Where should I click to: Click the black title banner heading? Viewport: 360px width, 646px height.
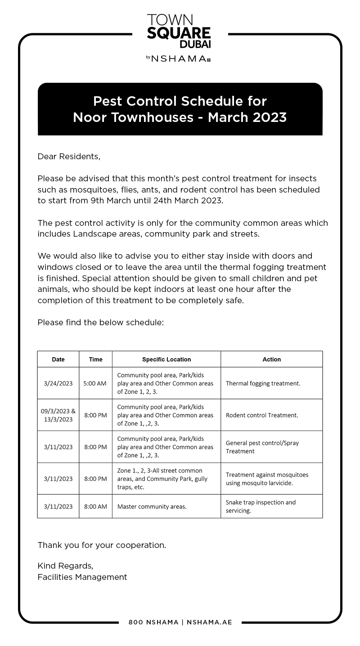pyautogui.click(x=180, y=109)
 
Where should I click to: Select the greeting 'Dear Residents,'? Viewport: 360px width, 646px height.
pyautogui.click(x=69, y=157)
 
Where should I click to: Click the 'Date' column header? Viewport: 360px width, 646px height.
pyautogui.click(x=58, y=359)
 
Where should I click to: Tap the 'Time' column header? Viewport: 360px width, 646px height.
pyautogui.click(x=95, y=359)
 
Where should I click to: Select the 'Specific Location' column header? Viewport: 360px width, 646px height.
pyautogui.click(x=166, y=359)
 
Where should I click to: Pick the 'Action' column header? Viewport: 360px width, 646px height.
pyautogui.click(x=271, y=359)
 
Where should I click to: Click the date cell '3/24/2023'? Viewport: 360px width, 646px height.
pyautogui.click(x=58, y=384)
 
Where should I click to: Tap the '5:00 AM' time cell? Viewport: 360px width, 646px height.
pyautogui.click(x=95, y=384)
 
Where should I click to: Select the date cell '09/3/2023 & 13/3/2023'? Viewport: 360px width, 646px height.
pyautogui.click(x=58, y=415)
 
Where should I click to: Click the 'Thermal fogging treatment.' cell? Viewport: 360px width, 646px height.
pyautogui.click(x=263, y=384)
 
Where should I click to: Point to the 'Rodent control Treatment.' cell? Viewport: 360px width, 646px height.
pyautogui.click(x=262, y=415)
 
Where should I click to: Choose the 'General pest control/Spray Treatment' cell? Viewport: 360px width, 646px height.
pyautogui.click(x=262, y=447)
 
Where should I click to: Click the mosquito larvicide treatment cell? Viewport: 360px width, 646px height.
pyautogui.click(x=267, y=479)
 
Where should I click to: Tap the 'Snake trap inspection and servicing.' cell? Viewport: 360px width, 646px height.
pyautogui.click(x=261, y=507)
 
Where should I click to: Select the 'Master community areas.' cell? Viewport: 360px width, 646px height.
pyautogui.click(x=152, y=507)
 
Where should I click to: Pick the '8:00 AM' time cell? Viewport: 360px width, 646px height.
pyautogui.click(x=95, y=507)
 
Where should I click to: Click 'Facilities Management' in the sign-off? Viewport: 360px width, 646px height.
pyautogui.click(x=82, y=577)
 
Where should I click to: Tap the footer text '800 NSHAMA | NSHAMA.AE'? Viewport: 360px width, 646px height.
pyautogui.click(x=180, y=622)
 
